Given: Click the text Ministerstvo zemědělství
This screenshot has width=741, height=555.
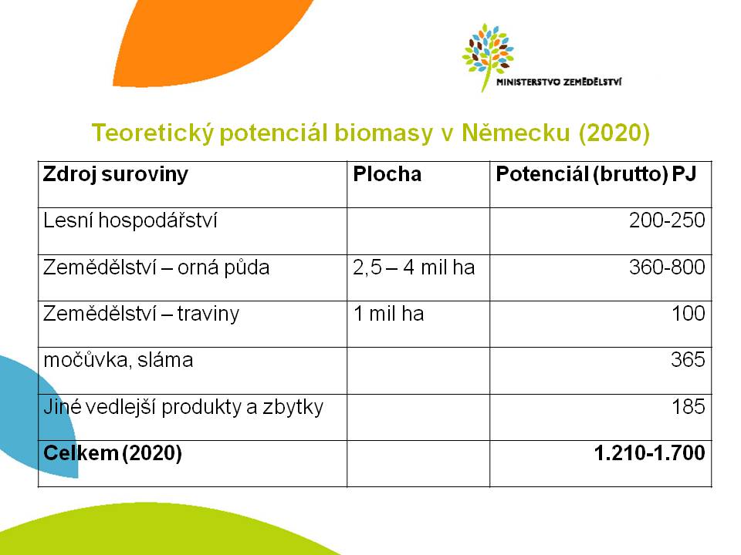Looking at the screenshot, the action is pyautogui.click(x=559, y=82).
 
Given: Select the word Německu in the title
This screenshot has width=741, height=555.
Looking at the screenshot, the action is pyautogui.click(x=516, y=133).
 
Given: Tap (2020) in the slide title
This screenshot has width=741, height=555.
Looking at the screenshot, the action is pyautogui.click(x=614, y=133).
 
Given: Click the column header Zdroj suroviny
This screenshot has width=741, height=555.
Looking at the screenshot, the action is pyautogui.click(x=115, y=175).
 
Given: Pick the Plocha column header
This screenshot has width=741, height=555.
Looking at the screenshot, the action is pyautogui.click(x=387, y=174).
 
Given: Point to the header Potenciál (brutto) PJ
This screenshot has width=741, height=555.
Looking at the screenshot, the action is pyautogui.click(x=596, y=175).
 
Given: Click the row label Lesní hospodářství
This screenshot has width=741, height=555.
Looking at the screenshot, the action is pyautogui.click(x=130, y=220).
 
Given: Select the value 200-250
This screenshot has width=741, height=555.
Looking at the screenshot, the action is pyautogui.click(x=667, y=220).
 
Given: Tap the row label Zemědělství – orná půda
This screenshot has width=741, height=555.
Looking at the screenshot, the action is pyautogui.click(x=156, y=267).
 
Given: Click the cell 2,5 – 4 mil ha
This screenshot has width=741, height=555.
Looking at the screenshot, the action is pyautogui.click(x=414, y=267).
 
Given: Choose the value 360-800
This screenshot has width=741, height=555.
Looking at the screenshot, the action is pyautogui.click(x=667, y=267).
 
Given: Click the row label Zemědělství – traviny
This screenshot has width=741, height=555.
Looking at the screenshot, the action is pyautogui.click(x=140, y=314).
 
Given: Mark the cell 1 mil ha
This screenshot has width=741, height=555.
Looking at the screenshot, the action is pyautogui.click(x=388, y=314).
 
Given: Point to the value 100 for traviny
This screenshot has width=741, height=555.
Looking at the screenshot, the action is pyautogui.click(x=689, y=314).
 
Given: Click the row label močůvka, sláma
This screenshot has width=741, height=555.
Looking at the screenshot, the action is pyautogui.click(x=118, y=360).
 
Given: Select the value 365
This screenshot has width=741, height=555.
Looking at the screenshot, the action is pyautogui.click(x=688, y=360).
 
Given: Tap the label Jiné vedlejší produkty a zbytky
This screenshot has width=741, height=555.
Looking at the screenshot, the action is pyautogui.click(x=184, y=407).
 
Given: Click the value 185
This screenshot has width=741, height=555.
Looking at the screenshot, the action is pyautogui.click(x=689, y=406).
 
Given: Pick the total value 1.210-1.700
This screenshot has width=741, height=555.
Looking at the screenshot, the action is pyautogui.click(x=649, y=453).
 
